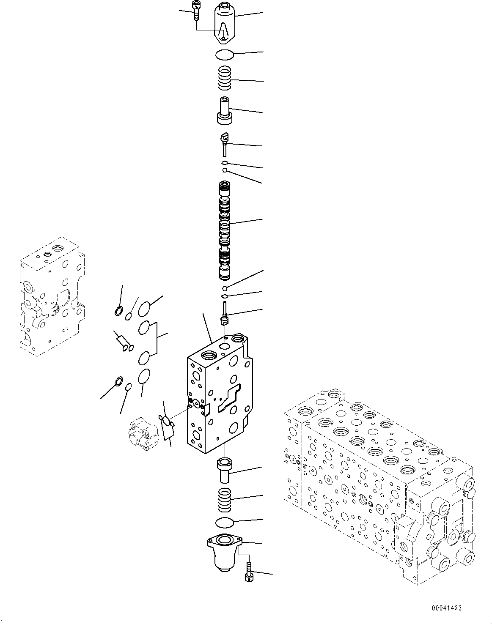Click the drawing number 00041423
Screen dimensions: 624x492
pos(446,608)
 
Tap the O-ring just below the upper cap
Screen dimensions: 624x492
pos(224,55)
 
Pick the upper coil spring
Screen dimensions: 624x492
pos(224,78)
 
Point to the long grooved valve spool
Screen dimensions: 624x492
pos(225,230)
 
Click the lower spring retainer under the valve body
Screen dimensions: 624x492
pos(224,469)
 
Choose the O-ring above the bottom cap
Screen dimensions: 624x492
pos(224,523)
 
